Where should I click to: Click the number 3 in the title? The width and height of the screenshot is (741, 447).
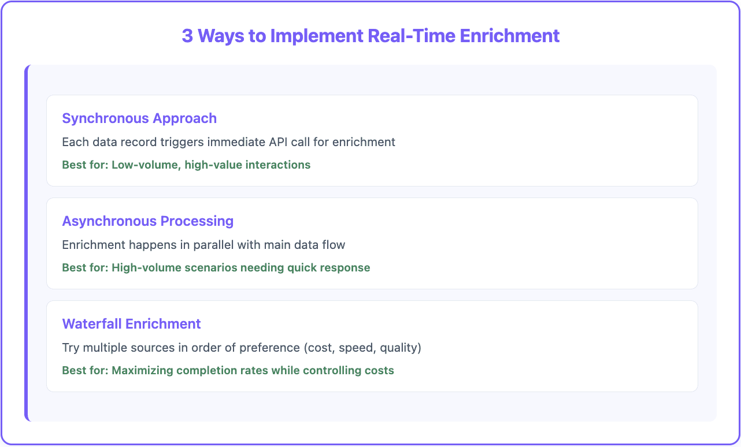pos(188,36)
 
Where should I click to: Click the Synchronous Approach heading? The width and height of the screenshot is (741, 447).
pos(139,118)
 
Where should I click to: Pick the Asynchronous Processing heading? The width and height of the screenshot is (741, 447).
pos(148,221)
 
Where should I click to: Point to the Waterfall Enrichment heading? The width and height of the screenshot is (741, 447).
pos(131,324)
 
